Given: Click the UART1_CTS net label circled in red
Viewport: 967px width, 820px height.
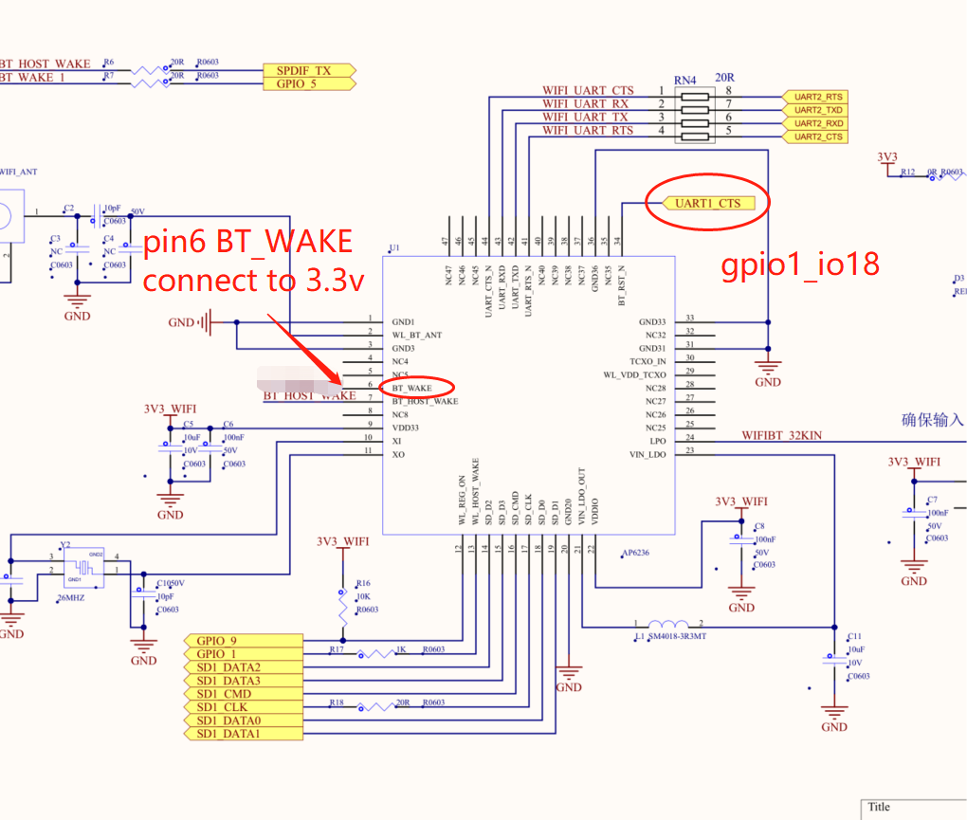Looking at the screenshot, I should (x=706, y=203).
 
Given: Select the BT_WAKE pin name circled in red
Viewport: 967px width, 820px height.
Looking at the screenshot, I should (x=411, y=388).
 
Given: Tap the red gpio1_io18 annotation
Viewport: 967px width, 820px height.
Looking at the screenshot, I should (x=800, y=264).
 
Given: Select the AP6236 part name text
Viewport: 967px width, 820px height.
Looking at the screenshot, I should (x=636, y=553).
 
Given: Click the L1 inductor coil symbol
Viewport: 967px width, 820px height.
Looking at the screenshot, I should (x=667, y=625).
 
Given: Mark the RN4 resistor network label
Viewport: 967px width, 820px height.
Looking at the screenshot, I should (x=684, y=80).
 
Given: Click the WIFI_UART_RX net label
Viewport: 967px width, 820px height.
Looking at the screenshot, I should (x=585, y=103).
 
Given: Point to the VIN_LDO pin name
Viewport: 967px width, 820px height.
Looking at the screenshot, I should (x=648, y=454).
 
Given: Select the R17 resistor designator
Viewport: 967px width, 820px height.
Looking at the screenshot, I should (x=337, y=649).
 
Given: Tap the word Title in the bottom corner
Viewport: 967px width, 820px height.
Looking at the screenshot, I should (x=879, y=808).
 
